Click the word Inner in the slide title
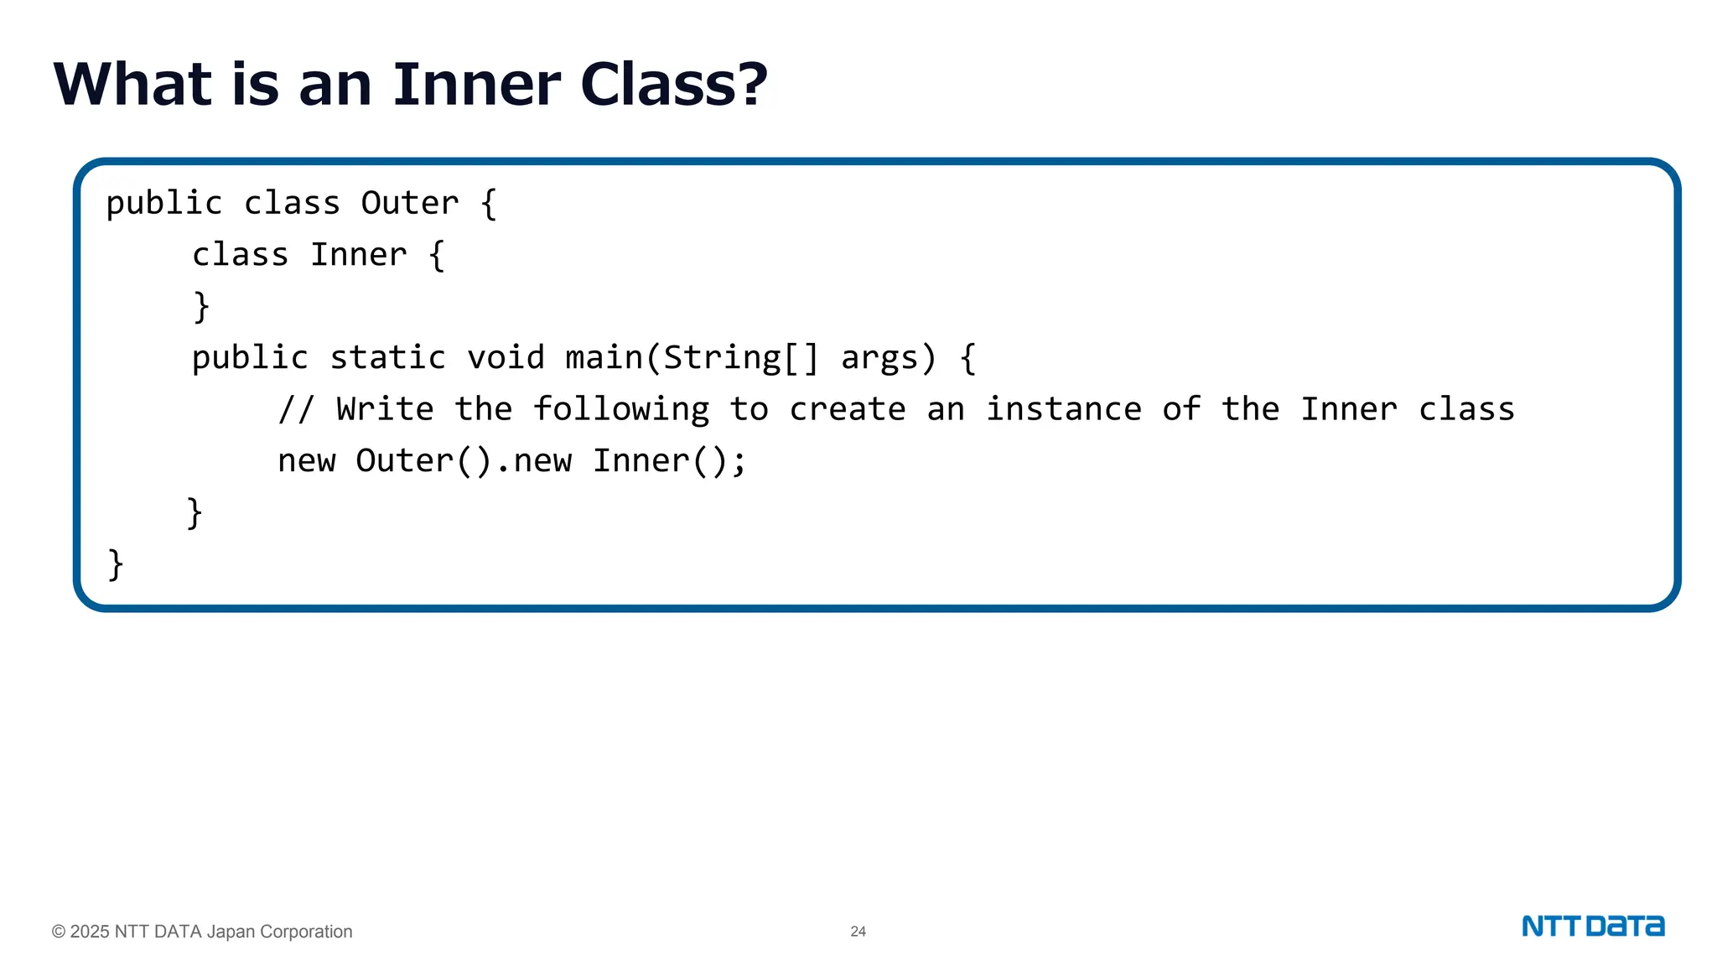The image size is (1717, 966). coord(476,85)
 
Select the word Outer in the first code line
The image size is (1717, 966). coord(410,204)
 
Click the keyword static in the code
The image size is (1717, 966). coord(387,358)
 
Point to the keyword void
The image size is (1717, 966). coord(506,358)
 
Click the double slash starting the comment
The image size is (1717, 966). coord(296,410)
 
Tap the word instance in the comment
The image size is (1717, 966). coord(1063,410)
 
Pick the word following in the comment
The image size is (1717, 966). coord(621,410)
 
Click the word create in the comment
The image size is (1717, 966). coord(847,410)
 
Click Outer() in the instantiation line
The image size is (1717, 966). coord(423,461)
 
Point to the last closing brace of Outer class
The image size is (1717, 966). coord(116,564)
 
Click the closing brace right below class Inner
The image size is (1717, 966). coord(201,307)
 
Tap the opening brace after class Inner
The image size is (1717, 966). coord(436,255)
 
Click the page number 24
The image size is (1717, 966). coord(858,932)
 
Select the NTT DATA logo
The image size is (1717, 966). coord(1593,927)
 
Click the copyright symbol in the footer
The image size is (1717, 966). coord(59,932)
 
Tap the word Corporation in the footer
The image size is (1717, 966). coord(306,932)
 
